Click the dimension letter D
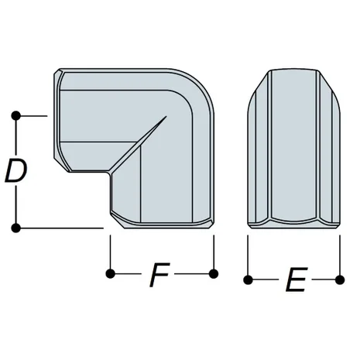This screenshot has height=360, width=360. point(16,172)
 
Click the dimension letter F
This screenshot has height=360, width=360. point(160,276)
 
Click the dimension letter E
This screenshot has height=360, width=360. point(293,280)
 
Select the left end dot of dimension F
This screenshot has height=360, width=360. point(111,273)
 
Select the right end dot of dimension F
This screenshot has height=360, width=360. point(214,273)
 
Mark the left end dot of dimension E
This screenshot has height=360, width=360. point(248,278)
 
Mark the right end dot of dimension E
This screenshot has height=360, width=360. point(339,278)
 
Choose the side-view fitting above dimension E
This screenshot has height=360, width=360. point(293,147)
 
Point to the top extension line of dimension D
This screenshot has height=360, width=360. point(33,116)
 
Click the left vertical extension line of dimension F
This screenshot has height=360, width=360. point(111,252)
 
